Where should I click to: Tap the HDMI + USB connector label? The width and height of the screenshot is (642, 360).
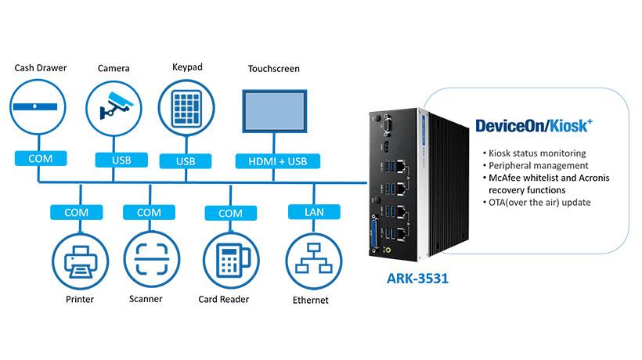(272, 160)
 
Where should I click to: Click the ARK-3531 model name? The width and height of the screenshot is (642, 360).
(415, 279)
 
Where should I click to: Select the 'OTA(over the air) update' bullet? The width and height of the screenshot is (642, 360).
(540, 203)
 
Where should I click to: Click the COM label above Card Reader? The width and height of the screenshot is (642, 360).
(230, 212)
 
